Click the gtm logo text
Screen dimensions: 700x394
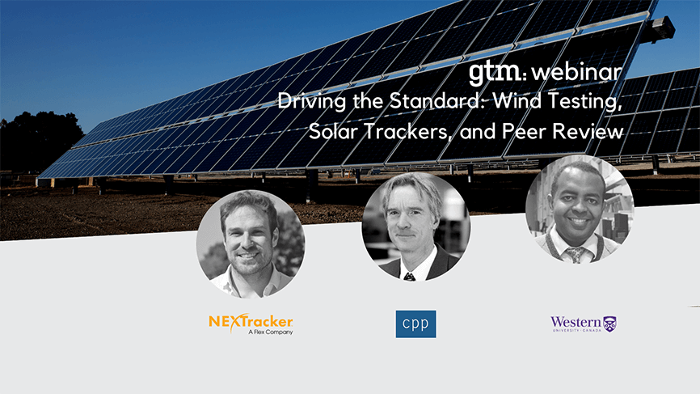pos(495,74)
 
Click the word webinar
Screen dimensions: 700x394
pos(577,72)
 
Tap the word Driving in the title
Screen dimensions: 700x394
pos(312,102)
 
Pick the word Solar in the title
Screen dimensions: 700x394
pos(333,131)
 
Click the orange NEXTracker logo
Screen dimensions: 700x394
pos(251,322)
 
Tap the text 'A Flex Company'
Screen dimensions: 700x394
pos(271,332)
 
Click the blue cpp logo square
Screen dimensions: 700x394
pos(415,324)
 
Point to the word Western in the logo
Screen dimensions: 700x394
pos(576,322)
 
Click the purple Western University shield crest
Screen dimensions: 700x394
pos(609,324)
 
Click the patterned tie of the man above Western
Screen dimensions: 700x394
pos(576,255)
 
